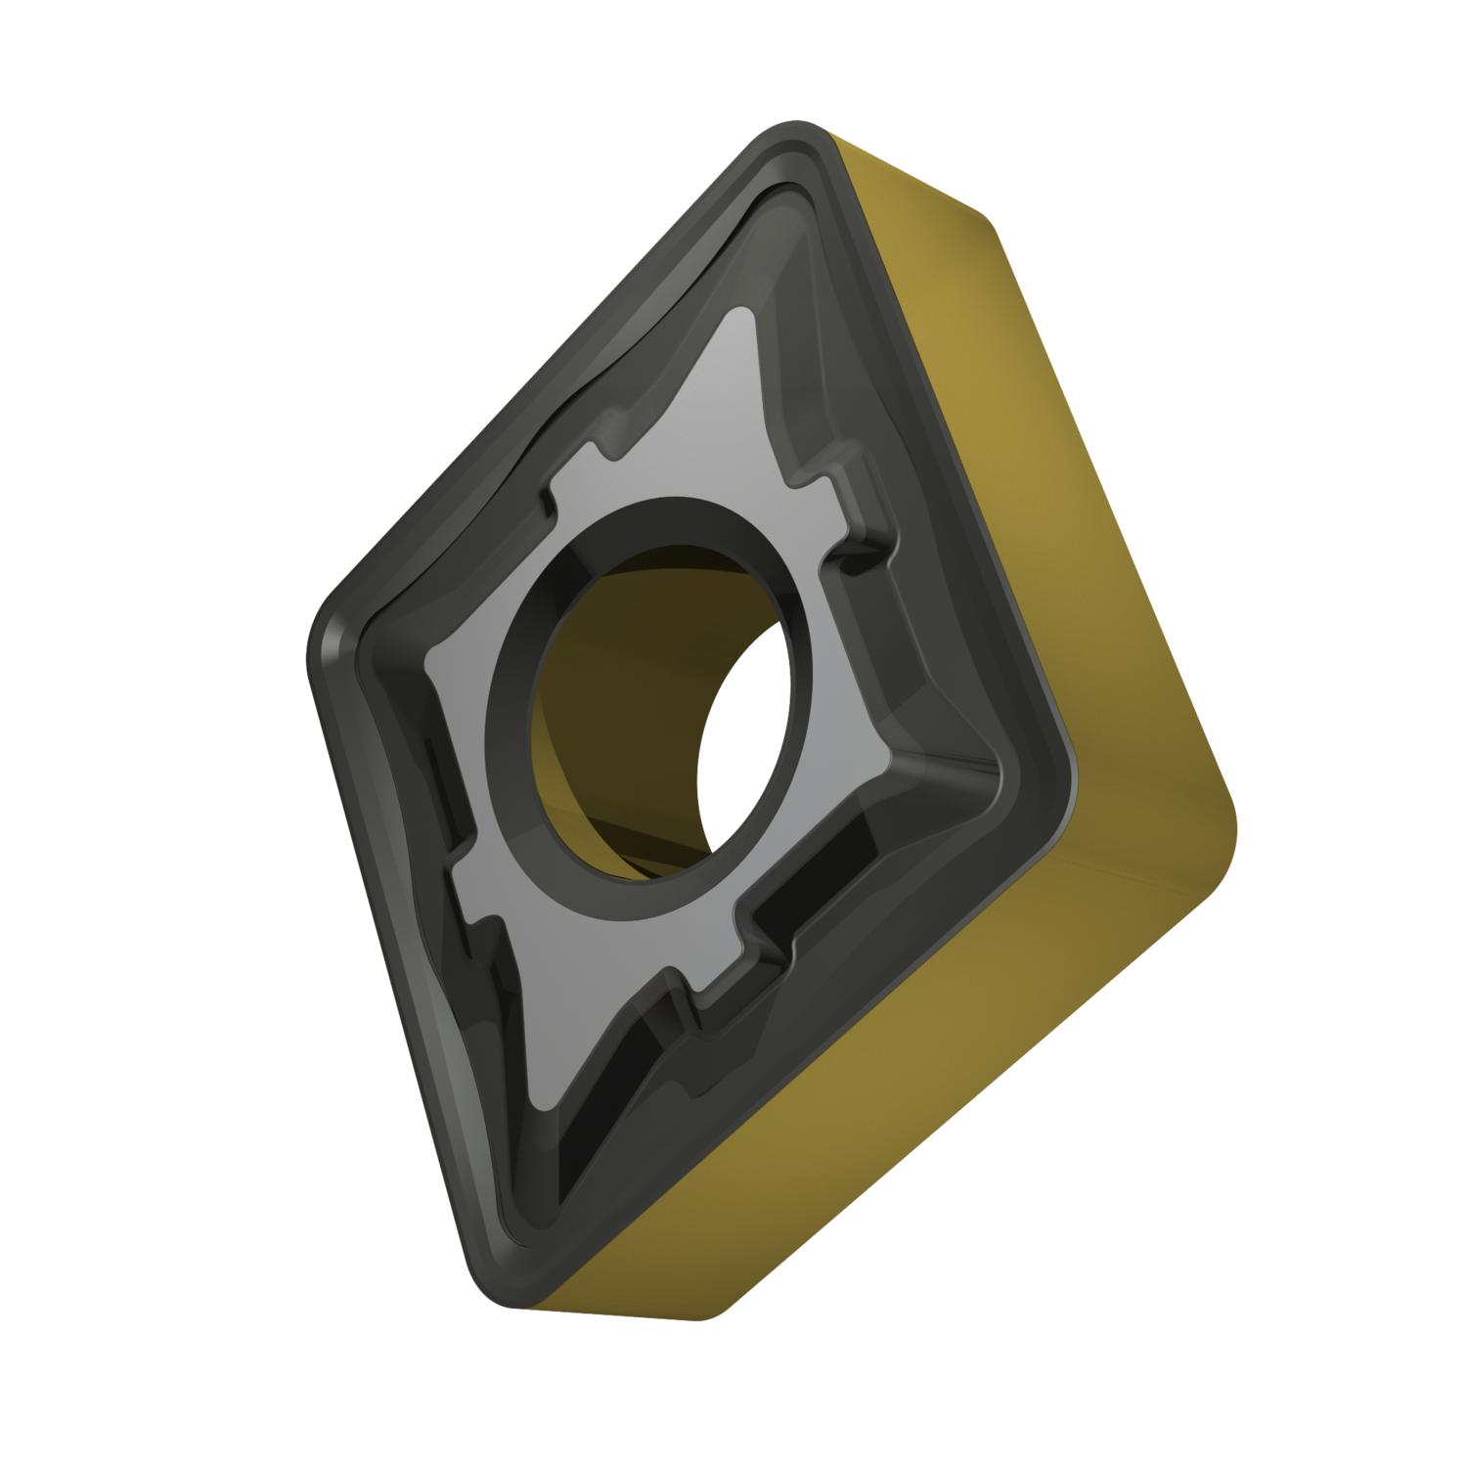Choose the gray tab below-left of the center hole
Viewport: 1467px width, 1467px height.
point(479,861)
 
